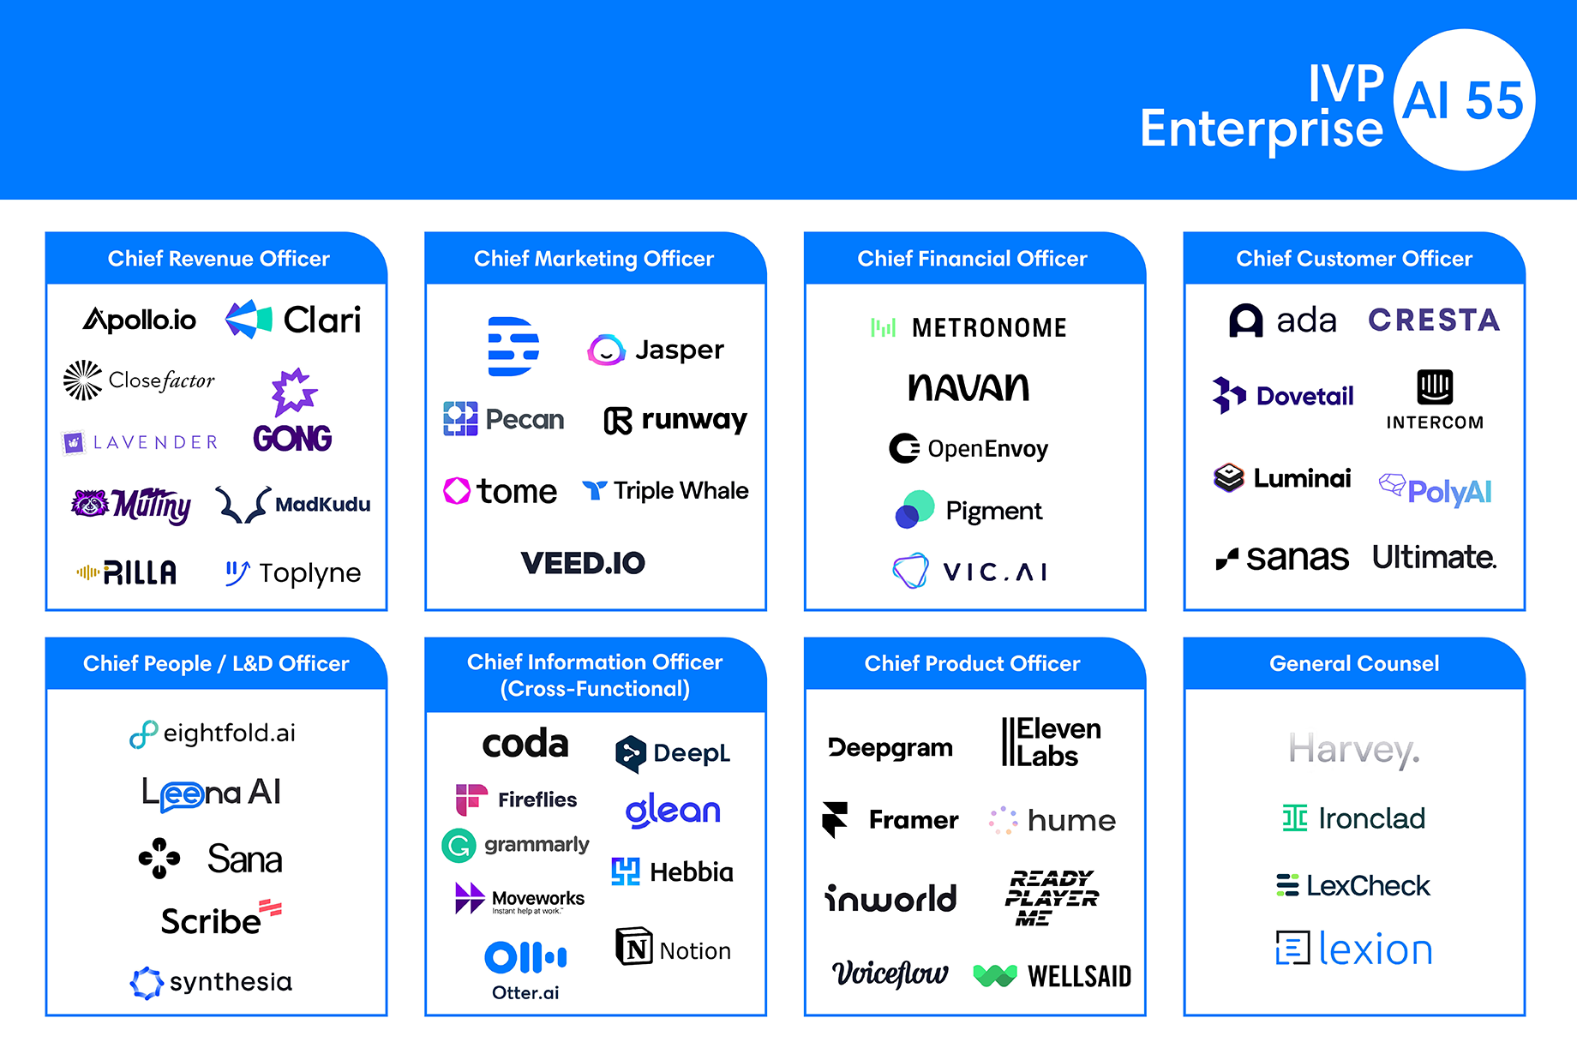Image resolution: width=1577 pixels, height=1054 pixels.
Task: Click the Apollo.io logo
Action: [x=140, y=320]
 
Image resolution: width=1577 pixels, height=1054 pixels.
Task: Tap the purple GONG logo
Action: [x=293, y=411]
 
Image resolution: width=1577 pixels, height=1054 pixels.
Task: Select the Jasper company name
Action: [x=679, y=350]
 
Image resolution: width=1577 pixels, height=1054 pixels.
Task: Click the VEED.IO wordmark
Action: [x=583, y=563]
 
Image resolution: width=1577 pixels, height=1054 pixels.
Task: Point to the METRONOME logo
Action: [x=968, y=327]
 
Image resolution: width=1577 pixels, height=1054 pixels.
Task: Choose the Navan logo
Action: [x=968, y=387]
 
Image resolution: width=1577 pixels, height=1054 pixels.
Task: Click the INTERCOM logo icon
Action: [x=1435, y=387]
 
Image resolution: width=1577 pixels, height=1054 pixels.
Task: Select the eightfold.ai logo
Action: [x=213, y=734]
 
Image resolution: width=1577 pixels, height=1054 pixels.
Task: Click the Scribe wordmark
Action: [x=211, y=921]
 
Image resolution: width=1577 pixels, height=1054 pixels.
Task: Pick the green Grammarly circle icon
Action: [x=459, y=846]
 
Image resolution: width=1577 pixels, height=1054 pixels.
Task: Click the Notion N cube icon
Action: [x=634, y=947]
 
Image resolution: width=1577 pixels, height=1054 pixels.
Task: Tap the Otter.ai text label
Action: [x=525, y=993]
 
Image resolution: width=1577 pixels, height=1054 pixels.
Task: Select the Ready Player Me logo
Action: [x=1051, y=897]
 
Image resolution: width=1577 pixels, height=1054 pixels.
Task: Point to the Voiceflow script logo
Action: [x=890, y=973]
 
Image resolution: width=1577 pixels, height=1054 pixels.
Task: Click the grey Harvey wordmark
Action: [x=1354, y=750]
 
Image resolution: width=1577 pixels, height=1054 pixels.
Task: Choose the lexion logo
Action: [x=1354, y=949]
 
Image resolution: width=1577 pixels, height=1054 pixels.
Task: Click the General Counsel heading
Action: [x=1354, y=663]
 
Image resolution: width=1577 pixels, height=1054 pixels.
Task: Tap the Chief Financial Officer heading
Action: [x=972, y=259]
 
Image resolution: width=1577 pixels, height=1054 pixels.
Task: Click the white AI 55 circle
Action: [x=1464, y=100]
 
